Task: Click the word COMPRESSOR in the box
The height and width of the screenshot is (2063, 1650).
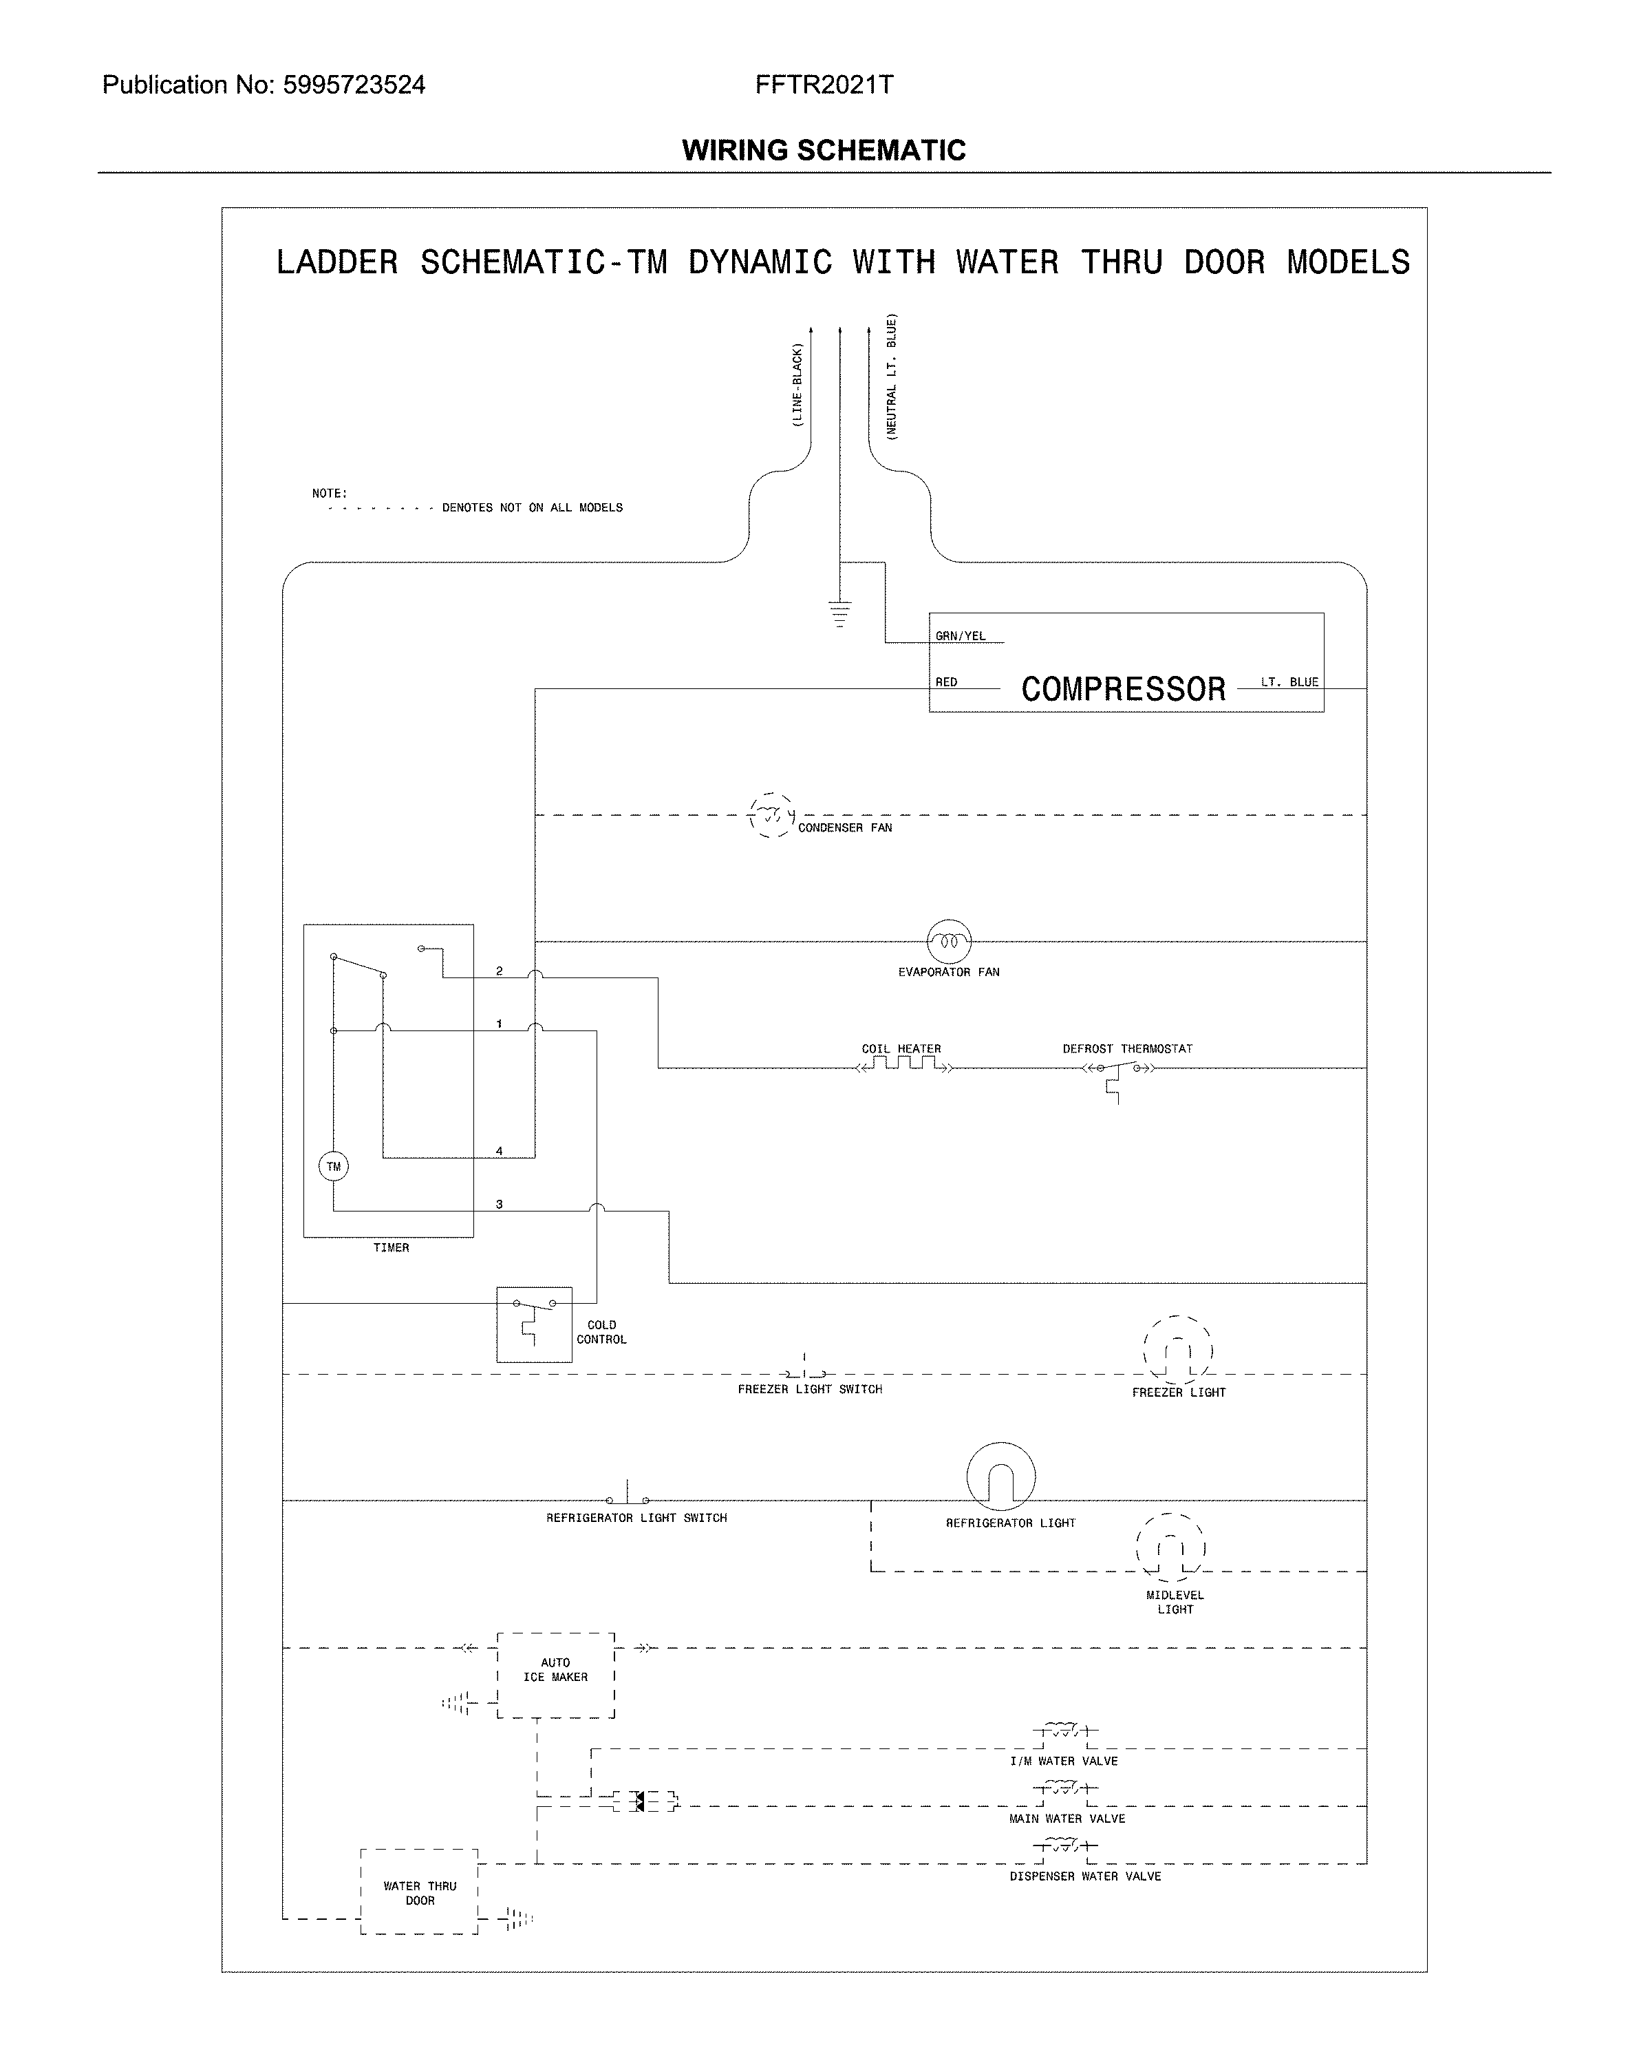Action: pyautogui.click(x=1123, y=689)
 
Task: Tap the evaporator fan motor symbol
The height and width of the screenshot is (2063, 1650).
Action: pyautogui.click(x=949, y=942)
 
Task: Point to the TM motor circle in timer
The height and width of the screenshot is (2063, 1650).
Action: pyautogui.click(x=333, y=1167)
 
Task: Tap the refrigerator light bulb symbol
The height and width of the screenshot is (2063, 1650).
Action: pyautogui.click(x=1000, y=1477)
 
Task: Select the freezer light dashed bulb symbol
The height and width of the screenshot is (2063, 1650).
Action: pyautogui.click(x=1177, y=1350)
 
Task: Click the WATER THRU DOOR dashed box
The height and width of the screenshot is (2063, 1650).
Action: pyautogui.click(x=419, y=1892)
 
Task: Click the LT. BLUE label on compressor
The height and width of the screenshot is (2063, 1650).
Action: pyautogui.click(x=1289, y=682)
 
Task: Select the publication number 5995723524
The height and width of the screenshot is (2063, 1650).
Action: pyautogui.click(x=354, y=85)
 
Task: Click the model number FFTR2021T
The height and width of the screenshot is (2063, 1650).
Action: pyautogui.click(x=824, y=85)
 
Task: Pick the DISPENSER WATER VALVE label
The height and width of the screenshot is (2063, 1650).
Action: pyautogui.click(x=1084, y=1876)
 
